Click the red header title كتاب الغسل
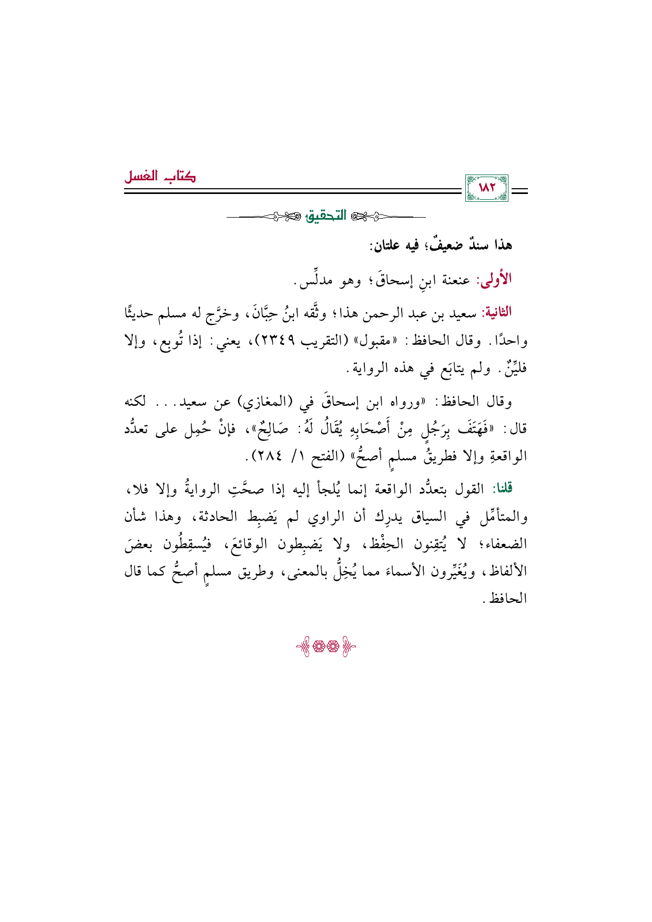[160, 177]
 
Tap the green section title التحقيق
[327, 216]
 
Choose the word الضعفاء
[505, 545]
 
